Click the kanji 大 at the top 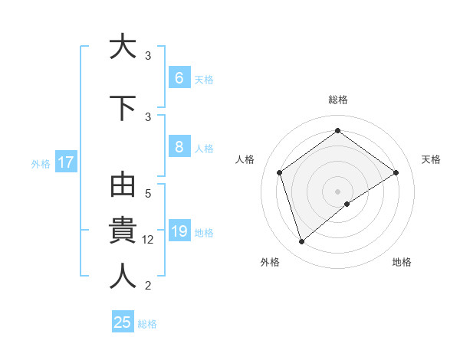[x=121, y=47]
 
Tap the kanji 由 [x=122, y=188]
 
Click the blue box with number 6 [x=179, y=78]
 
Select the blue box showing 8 [x=179, y=147]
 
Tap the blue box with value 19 [x=179, y=231]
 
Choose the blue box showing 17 [x=65, y=162]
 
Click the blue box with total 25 [x=123, y=322]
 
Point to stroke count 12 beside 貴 [x=149, y=240]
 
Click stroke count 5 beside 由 [x=148, y=195]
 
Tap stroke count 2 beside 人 [x=148, y=286]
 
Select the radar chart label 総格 [x=337, y=100]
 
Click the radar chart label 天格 [x=431, y=159]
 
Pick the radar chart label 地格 [x=402, y=262]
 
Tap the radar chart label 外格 [x=270, y=262]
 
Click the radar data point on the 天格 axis [x=396, y=172]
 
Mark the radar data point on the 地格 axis [x=347, y=204]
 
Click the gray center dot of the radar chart [x=337, y=191]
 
